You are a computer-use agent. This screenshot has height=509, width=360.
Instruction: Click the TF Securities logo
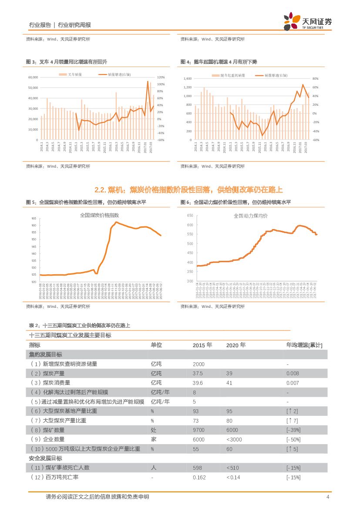pyautogui.click(x=307, y=22)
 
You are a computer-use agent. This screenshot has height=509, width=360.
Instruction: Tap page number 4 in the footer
pyautogui.click(x=327, y=497)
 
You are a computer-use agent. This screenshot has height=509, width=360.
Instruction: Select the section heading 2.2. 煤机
pyautogui.click(x=188, y=189)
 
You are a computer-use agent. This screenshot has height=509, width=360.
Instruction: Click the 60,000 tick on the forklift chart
pyautogui.click(x=33, y=77)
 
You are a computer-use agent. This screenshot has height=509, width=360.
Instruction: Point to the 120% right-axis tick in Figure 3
pyautogui.click(x=160, y=77)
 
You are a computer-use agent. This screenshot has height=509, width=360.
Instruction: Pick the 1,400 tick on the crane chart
pyautogui.click(x=187, y=78)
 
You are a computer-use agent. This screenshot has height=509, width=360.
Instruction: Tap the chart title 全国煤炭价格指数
pyautogui.click(x=99, y=215)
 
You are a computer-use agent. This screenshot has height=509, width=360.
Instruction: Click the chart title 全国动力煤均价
pyautogui.click(x=250, y=216)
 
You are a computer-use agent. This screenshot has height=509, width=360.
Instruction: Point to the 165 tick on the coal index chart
pyautogui.click(x=34, y=218)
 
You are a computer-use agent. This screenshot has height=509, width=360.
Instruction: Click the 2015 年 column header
pyautogui.click(x=202, y=345)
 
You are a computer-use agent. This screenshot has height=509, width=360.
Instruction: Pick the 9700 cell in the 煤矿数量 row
pyautogui.click(x=199, y=430)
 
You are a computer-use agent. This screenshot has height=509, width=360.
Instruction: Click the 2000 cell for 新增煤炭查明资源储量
pyautogui.click(x=199, y=364)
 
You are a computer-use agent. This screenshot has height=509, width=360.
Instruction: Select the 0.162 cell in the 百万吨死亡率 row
pyautogui.click(x=199, y=477)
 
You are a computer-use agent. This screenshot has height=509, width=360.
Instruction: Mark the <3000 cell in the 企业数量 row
pyautogui.click(x=234, y=439)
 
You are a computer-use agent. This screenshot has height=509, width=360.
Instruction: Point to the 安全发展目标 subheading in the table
pyautogui.click(x=46, y=458)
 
